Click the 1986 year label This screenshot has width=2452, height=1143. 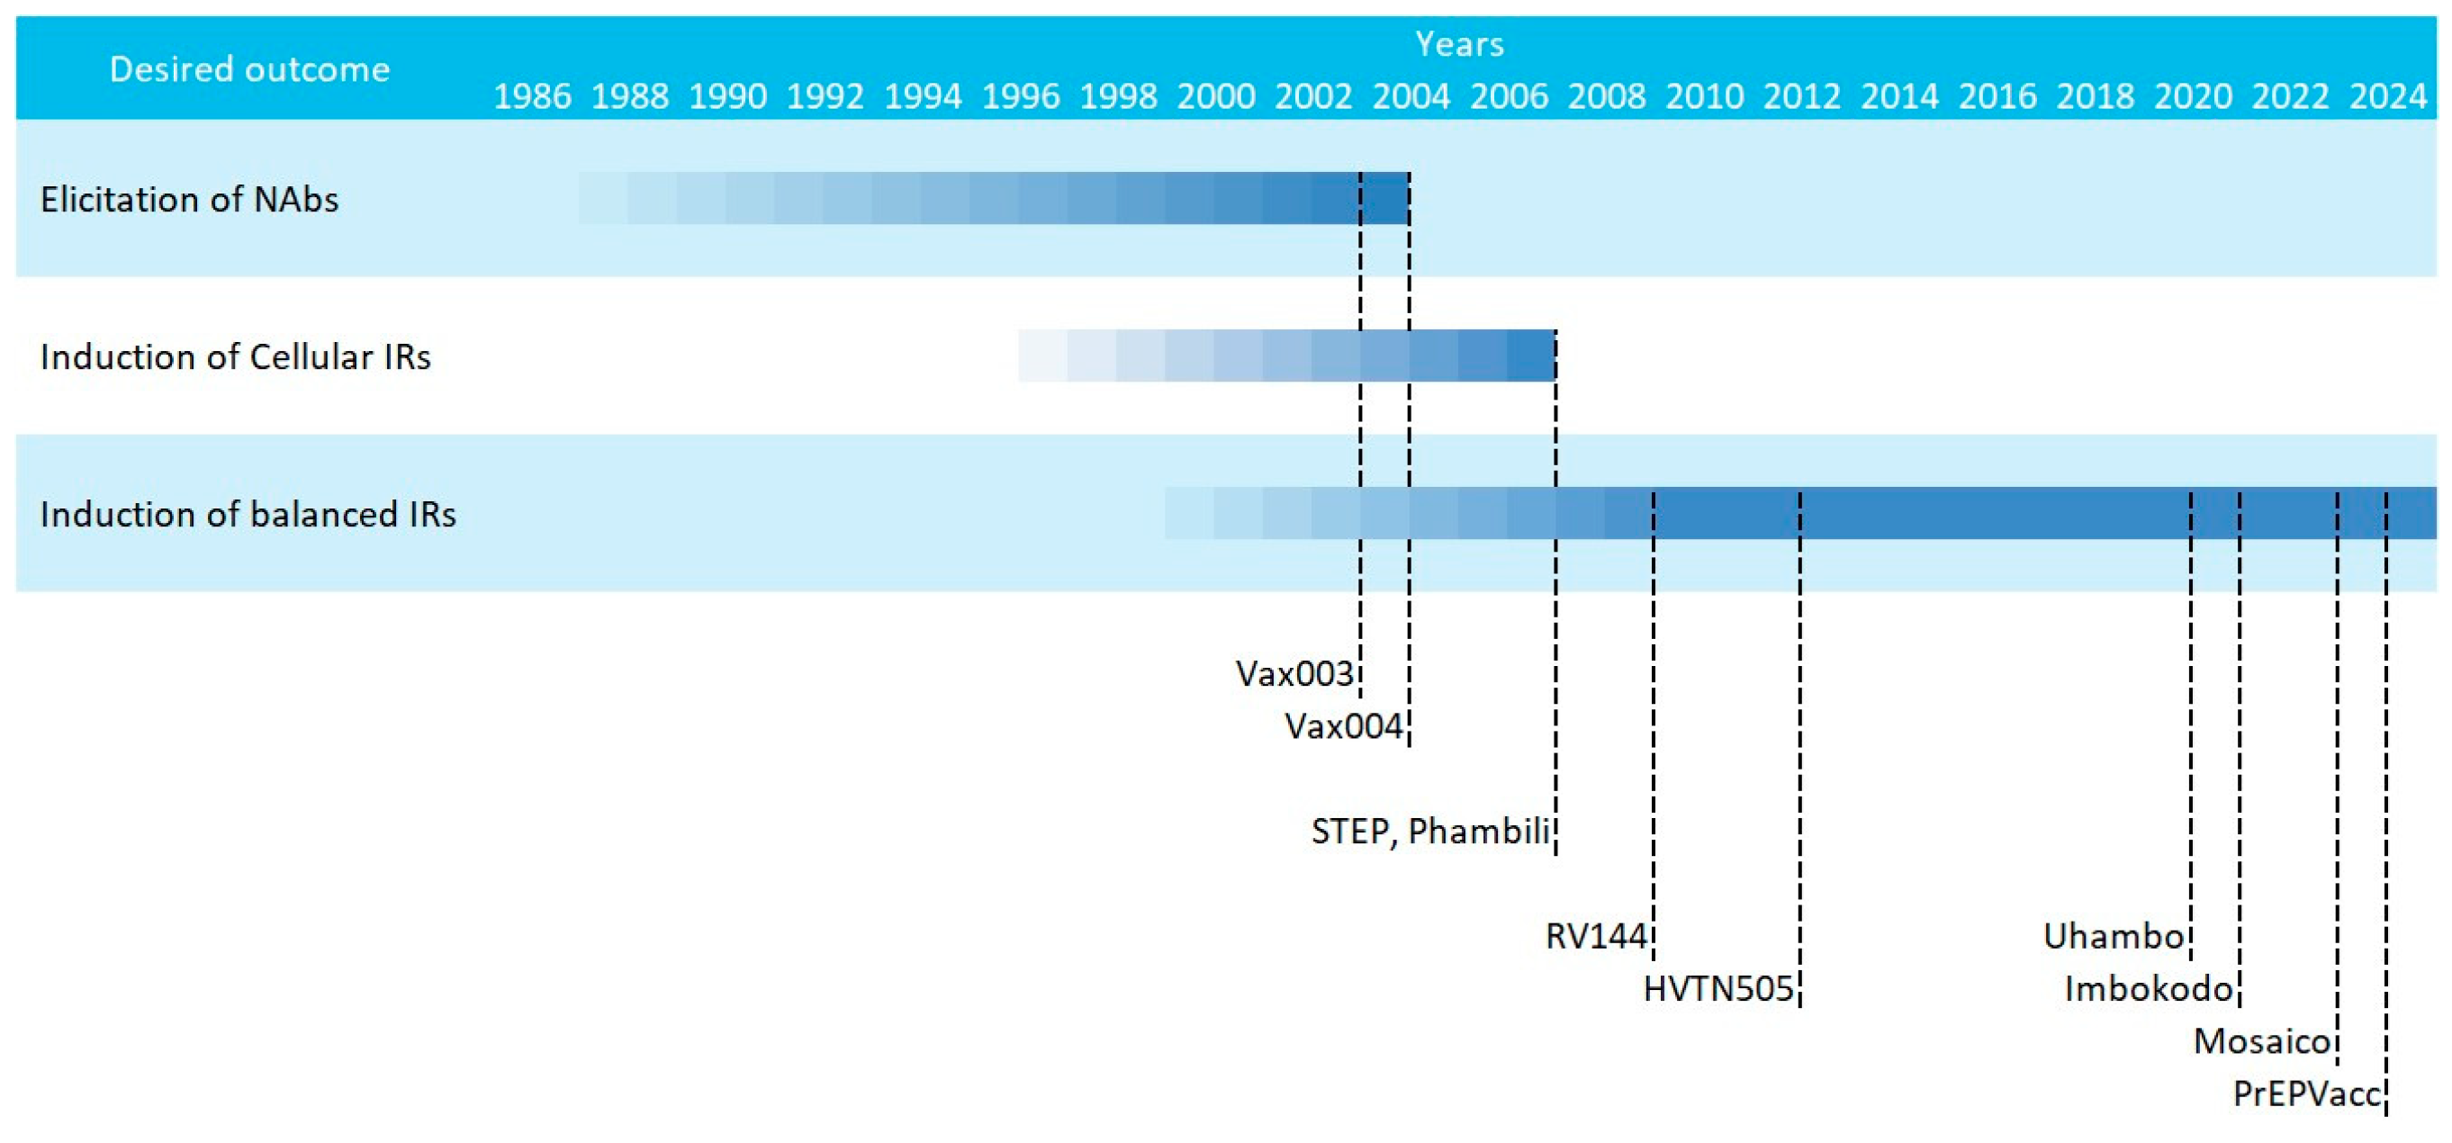pos(532,96)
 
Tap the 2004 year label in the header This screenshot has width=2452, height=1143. pos(1411,96)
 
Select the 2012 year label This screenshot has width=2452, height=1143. pos(1802,96)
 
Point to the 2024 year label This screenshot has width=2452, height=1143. pos(2387,96)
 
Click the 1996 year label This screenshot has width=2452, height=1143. pos(1021,96)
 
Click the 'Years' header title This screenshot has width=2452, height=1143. pos(1459,44)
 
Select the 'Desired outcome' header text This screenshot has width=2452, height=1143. pos(249,69)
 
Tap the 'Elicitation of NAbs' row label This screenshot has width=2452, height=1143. pos(189,199)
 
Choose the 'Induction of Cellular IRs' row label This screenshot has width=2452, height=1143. pos(235,357)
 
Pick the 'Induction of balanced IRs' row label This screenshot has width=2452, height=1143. pos(248,514)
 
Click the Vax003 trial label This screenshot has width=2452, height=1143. pos(1294,674)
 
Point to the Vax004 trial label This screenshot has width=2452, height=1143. pos(1343,726)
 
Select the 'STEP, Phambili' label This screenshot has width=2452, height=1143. pos(1430,831)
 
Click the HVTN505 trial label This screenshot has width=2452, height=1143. pos(1718,989)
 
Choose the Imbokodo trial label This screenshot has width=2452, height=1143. pos(2149,989)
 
